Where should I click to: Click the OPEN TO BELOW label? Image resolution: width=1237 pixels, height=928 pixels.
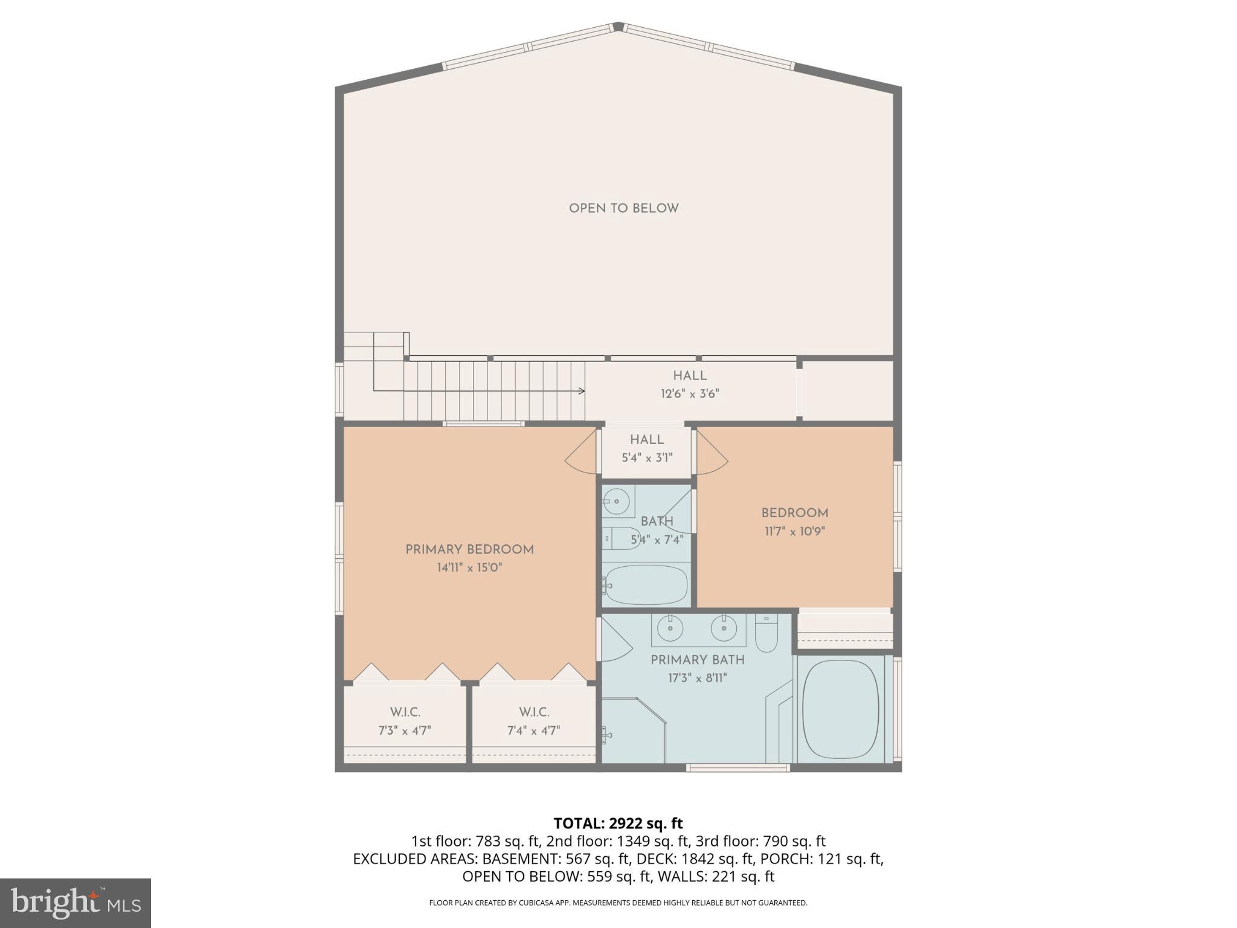623,208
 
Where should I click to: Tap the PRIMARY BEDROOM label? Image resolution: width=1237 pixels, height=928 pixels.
469,550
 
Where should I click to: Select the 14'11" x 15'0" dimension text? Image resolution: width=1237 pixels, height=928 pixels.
469,568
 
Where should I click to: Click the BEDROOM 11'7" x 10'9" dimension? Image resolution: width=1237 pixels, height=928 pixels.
794,532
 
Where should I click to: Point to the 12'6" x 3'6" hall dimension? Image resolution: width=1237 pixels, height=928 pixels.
690,394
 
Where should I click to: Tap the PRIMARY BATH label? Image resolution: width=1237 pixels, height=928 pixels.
697,660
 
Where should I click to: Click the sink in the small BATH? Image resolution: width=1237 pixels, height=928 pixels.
617,501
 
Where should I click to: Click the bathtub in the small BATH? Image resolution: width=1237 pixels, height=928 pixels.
646,584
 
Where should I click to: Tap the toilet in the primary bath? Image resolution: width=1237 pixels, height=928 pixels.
766,634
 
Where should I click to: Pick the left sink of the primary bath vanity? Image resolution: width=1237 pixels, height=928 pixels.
670,629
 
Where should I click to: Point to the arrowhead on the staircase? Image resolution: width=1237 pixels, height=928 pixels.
582,391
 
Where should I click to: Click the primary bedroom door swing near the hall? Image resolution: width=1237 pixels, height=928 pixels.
581,452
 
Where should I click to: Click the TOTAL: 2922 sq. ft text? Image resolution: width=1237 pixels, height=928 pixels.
618,823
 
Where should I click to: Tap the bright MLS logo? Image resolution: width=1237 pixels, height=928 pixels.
76,903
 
